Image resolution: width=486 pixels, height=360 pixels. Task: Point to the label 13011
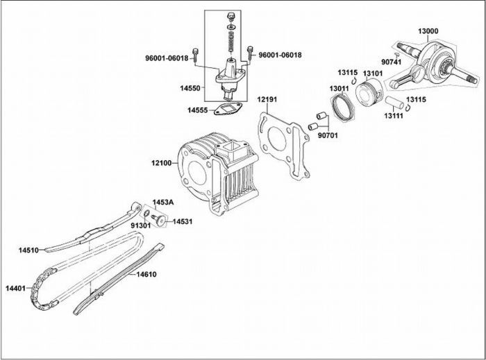point(340,89)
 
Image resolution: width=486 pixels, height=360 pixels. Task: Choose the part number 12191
point(267,100)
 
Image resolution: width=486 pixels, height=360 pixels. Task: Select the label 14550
point(189,89)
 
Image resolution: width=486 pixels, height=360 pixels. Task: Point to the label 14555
point(198,110)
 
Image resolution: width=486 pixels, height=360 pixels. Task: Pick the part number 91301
point(142,225)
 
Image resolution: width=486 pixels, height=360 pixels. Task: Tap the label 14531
point(183,221)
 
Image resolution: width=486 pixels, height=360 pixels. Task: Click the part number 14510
point(30,249)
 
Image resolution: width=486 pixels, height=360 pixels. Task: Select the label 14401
point(15,288)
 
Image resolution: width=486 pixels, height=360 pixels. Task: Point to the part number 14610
point(146,275)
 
